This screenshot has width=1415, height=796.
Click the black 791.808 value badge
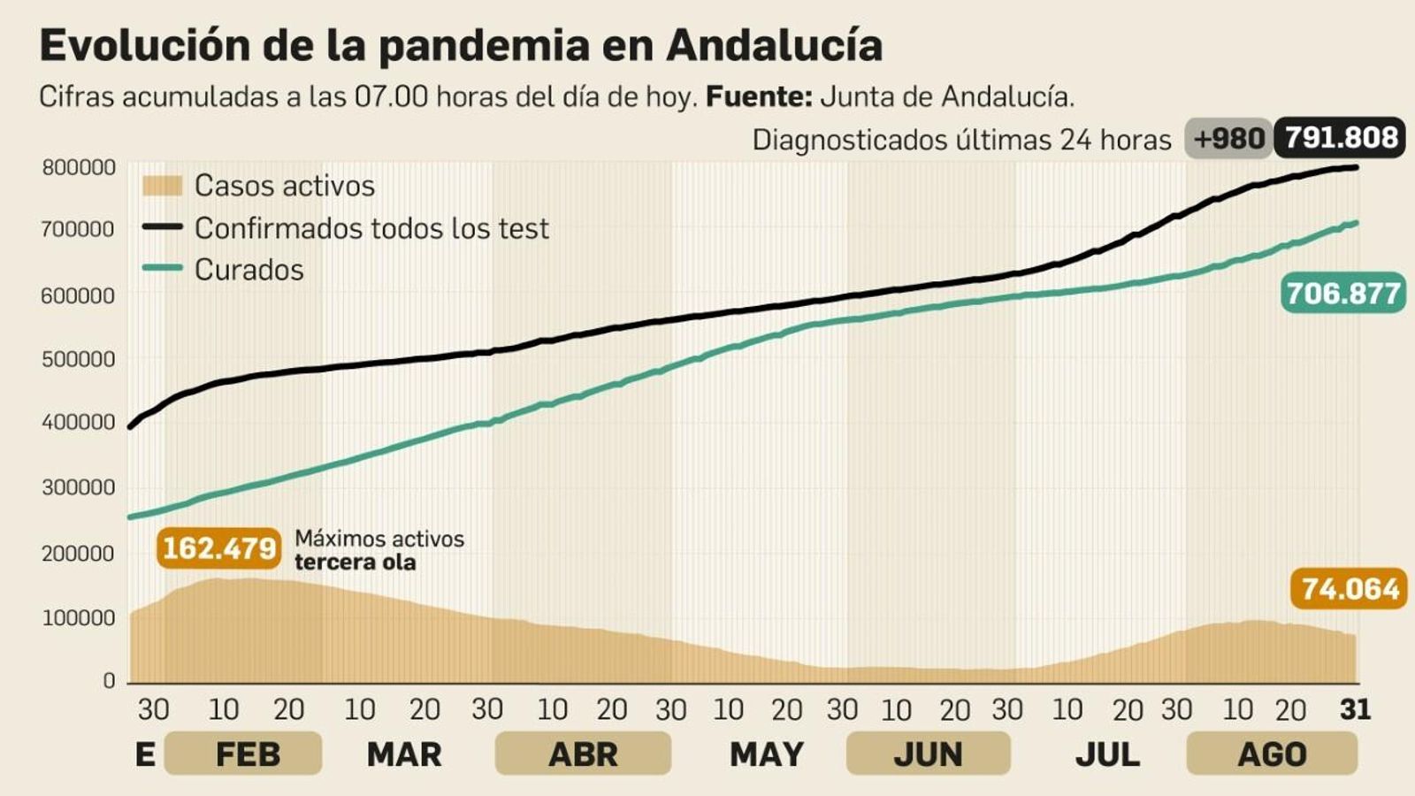tap(1340, 138)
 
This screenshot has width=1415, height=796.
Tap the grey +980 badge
tap(1228, 139)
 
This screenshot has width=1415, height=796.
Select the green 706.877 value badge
tap(1342, 293)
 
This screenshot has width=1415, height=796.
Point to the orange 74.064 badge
tap(1349, 588)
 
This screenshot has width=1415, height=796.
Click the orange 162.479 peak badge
tap(219, 548)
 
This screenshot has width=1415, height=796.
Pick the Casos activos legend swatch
tap(162, 186)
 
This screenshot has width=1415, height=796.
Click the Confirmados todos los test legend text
tap(371, 228)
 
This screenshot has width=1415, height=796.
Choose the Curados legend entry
tap(249, 270)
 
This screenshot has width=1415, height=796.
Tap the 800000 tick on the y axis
tap(78, 167)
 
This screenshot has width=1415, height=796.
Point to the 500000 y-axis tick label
tap(78, 359)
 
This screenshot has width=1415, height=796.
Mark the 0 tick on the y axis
tap(109, 681)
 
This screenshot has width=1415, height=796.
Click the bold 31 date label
tap(1355, 709)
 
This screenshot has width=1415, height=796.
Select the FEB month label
tap(247, 754)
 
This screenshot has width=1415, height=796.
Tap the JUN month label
tap(927, 754)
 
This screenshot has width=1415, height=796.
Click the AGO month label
tap(1271, 754)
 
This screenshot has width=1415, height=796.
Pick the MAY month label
tap(766, 754)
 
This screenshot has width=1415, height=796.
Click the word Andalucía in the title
tap(774, 46)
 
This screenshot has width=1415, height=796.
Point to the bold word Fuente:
tap(759, 96)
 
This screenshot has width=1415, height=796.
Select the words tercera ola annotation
tap(355, 563)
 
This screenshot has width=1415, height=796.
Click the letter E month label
tap(145, 754)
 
